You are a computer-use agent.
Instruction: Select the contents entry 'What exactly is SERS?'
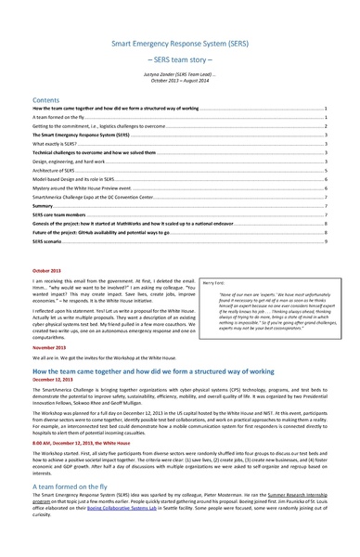(56, 145)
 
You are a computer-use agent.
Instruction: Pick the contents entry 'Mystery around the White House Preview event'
(83, 189)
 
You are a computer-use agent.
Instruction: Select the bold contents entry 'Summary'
(42, 207)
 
